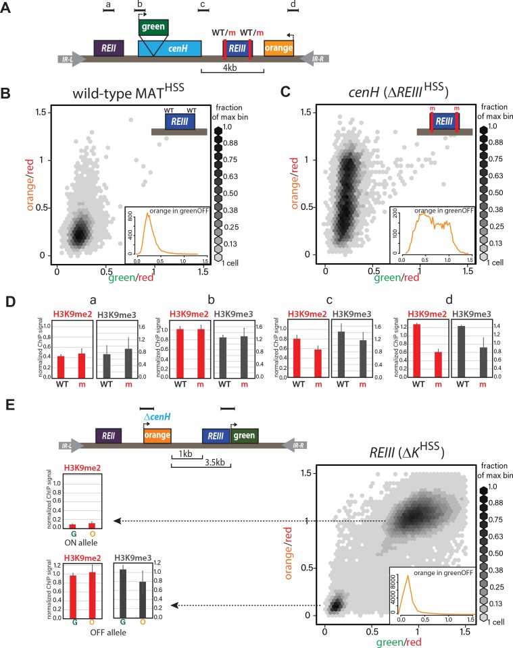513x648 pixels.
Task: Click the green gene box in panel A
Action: [x=153, y=28]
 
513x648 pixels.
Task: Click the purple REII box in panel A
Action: [x=109, y=48]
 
